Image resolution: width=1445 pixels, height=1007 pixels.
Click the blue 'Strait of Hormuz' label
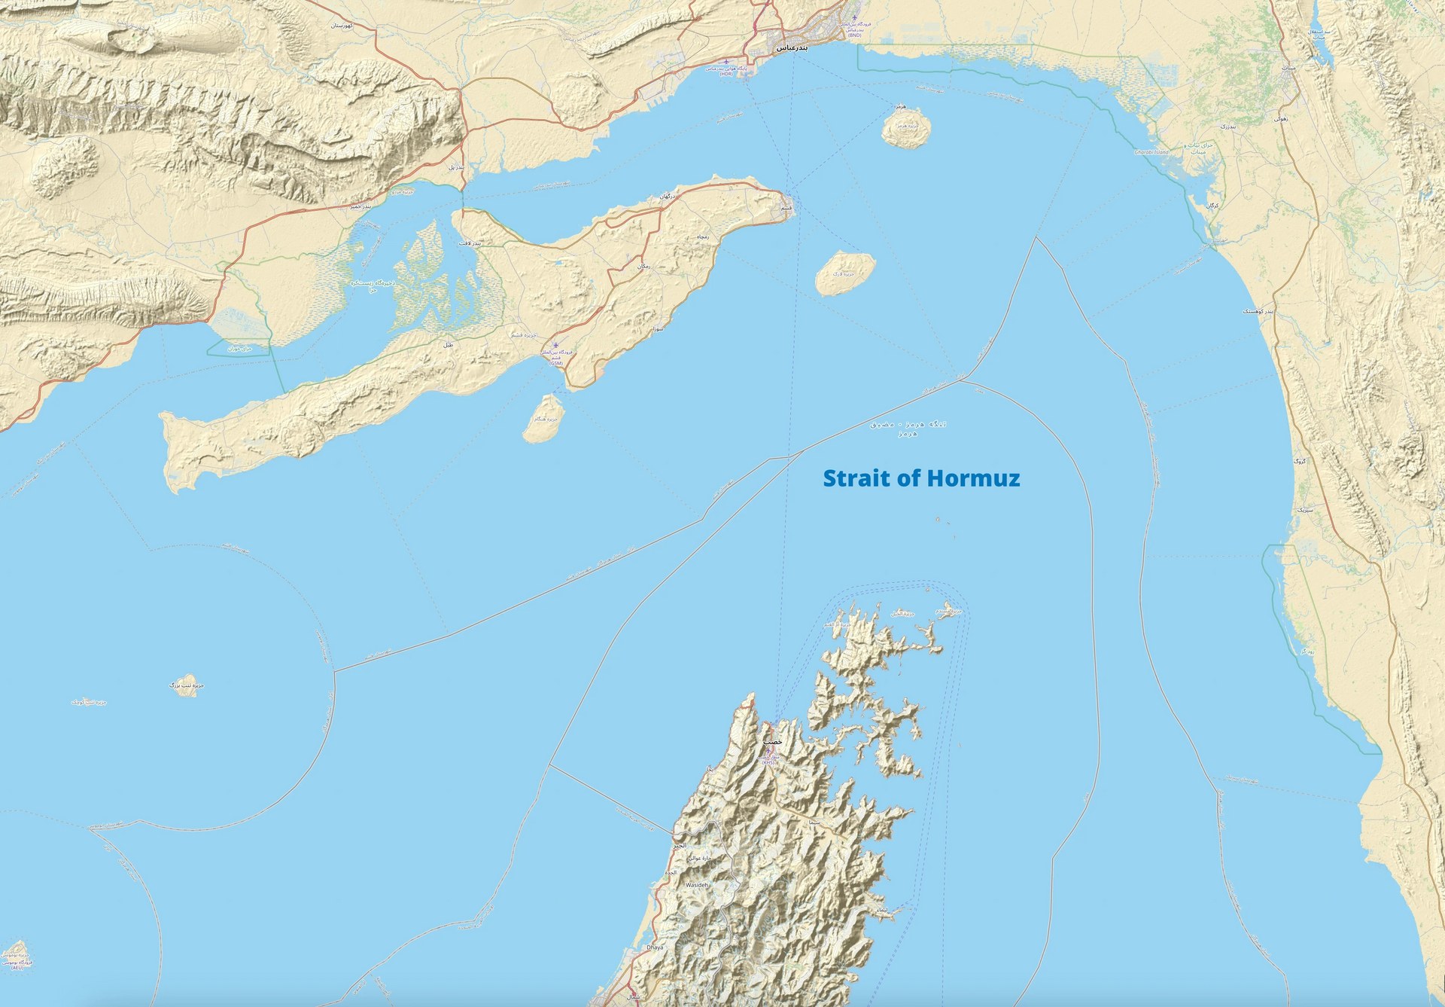click(921, 478)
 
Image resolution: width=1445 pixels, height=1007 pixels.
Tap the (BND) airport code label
click(855, 35)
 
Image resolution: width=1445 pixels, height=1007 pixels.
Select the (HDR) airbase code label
click(726, 74)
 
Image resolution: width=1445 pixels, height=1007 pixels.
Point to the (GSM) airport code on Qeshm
click(555, 363)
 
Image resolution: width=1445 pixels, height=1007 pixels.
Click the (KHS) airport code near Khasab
click(768, 762)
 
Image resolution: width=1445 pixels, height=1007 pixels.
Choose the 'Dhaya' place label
click(656, 947)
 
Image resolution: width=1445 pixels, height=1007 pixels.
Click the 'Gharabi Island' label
click(1151, 152)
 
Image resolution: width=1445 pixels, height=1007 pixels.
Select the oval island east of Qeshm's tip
click(845, 273)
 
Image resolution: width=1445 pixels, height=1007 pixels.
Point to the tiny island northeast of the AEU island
click(184, 685)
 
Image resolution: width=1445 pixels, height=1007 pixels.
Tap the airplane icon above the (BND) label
click(855, 17)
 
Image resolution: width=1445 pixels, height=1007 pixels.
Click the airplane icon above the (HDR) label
click(726, 62)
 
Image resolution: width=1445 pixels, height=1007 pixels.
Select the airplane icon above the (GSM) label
click(555, 346)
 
